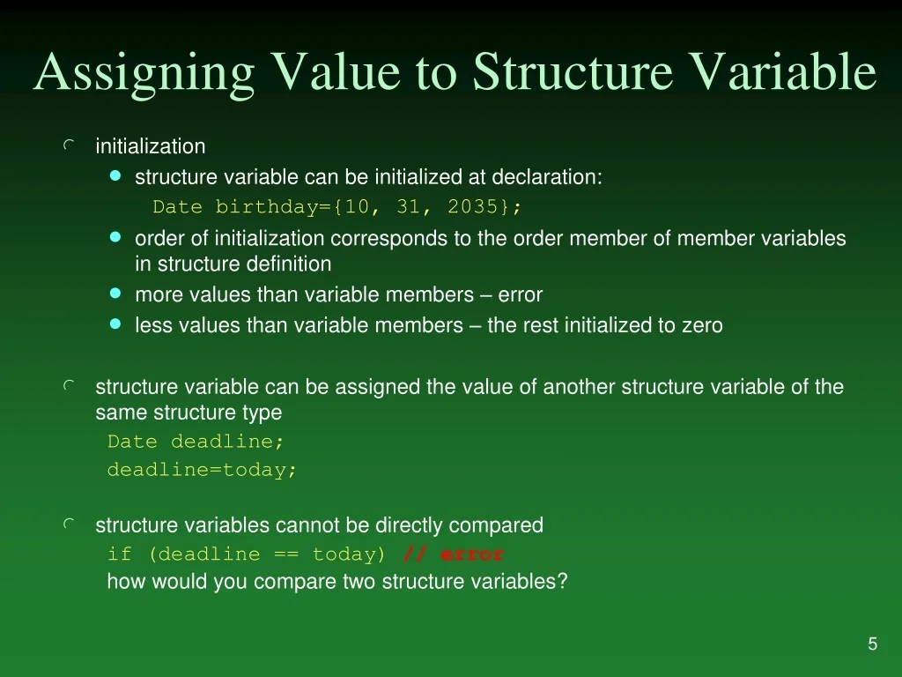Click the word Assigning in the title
144,72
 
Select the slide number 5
872,644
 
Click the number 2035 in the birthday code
473,207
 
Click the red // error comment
454,554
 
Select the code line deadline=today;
203,470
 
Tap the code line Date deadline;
196,442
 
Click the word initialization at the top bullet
150,146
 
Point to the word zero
702,325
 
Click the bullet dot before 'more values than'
115,294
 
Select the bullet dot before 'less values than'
115,324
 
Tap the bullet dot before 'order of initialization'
115,237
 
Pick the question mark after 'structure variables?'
563,582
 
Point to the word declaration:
546,177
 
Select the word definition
287,264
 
